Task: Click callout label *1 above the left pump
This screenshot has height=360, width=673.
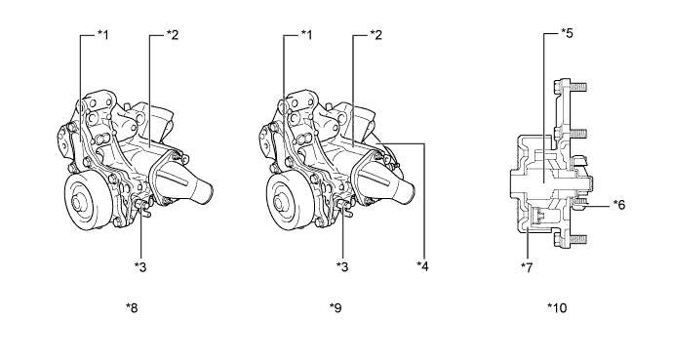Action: (x=103, y=35)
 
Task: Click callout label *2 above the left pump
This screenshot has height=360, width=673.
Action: (x=172, y=35)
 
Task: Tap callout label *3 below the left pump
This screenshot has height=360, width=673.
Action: (x=140, y=267)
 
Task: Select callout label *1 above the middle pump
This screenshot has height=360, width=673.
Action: (x=306, y=35)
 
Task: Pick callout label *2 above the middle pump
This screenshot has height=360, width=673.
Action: (x=376, y=35)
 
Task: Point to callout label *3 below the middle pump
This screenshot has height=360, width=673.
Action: (x=342, y=267)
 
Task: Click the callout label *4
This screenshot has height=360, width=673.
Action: (x=422, y=266)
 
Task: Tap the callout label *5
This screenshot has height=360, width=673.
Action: (x=567, y=33)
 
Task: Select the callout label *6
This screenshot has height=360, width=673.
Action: (x=619, y=205)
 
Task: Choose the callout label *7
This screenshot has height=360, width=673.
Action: (x=527, y=267)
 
